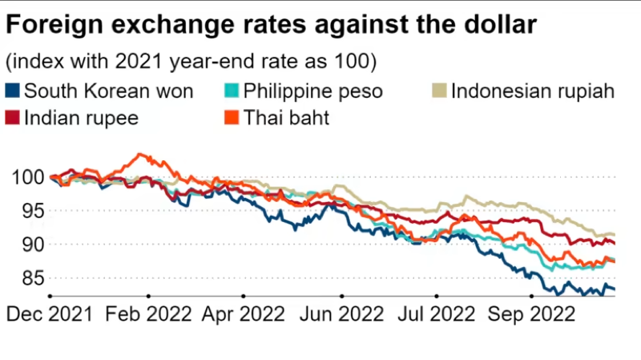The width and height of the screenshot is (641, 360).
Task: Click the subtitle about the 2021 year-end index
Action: click(192, 62)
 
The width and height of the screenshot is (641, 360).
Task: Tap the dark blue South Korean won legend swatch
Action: click(14, 90)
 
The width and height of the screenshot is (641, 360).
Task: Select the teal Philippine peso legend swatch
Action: click(228, 90)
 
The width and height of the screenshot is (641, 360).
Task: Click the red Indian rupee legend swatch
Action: click(14, 118)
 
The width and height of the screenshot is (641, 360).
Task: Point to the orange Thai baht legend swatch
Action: click(228, 118)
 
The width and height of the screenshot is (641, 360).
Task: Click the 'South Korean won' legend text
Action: click(109, 91)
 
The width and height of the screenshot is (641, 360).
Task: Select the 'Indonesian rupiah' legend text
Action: click(533, 91)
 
